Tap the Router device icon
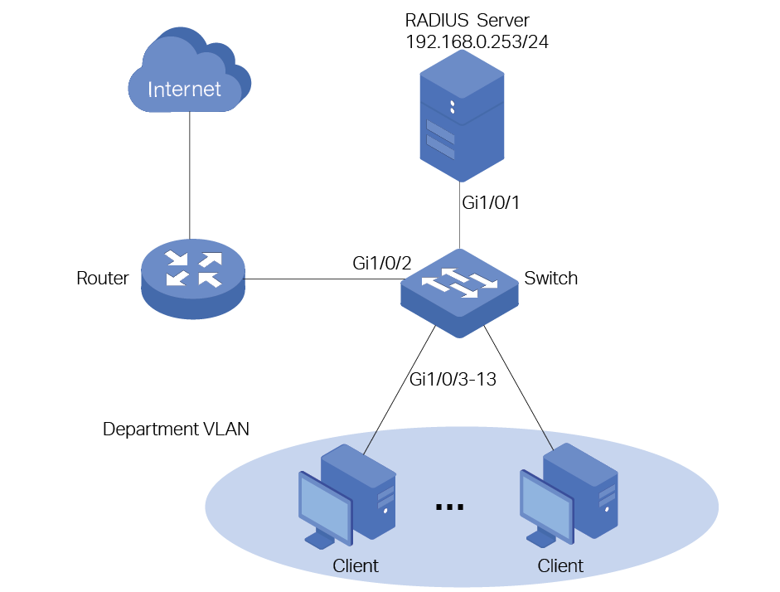pos(193,274)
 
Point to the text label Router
pos(102,278)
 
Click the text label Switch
pos(550,279)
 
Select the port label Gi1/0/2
pos(382,264)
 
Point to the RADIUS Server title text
pos(465,20)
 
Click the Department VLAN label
pos(176,429)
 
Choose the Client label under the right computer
pos(560,566)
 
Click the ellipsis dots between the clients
pos(448,506)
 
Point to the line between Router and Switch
pos(323,279)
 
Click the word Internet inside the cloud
pos(185,89)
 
